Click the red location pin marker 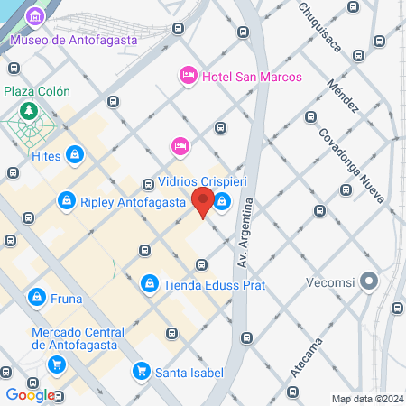(x=202, y=203)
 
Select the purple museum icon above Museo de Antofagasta (x=34, y=17)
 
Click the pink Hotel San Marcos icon (x=189, y=77)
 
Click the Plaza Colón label (x=37, y=92)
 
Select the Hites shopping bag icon (x=75, y=156)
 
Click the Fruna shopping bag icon (x=35, y=295)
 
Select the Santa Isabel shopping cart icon (x=140, y=370)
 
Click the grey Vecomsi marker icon (x=368, y=281)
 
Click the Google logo (x=30, y=394)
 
